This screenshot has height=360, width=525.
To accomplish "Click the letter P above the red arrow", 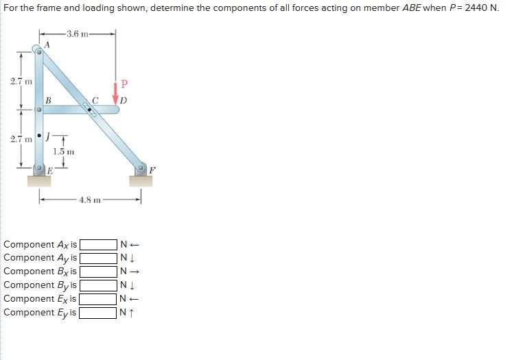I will point(124,85).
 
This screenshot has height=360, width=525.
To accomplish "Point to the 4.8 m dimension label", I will point(91,200).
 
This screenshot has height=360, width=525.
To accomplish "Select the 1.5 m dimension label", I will point(65,151).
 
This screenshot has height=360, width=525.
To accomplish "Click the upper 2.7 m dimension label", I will point(19,82).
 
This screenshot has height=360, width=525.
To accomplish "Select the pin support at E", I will point(39,169).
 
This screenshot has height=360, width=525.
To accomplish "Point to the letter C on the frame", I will point(97,101).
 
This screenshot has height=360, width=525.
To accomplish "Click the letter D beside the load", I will point(124,101).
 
